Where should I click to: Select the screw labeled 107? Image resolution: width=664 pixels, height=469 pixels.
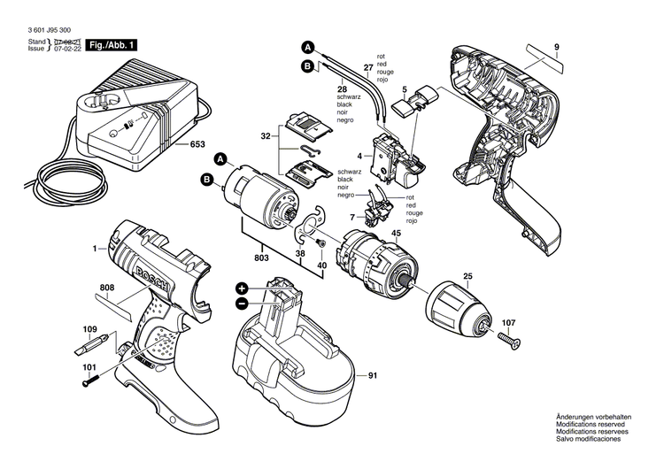point(508,340)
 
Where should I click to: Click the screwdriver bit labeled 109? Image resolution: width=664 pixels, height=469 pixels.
point(90,342)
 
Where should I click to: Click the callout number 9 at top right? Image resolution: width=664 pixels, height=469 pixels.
point(557,46)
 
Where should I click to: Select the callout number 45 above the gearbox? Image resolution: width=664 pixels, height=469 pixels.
point(396,234)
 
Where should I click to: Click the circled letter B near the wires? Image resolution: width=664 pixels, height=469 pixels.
point(307,65)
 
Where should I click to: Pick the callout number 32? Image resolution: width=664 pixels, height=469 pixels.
point(265,137)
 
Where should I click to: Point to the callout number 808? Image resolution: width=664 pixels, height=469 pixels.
point(107,288)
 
